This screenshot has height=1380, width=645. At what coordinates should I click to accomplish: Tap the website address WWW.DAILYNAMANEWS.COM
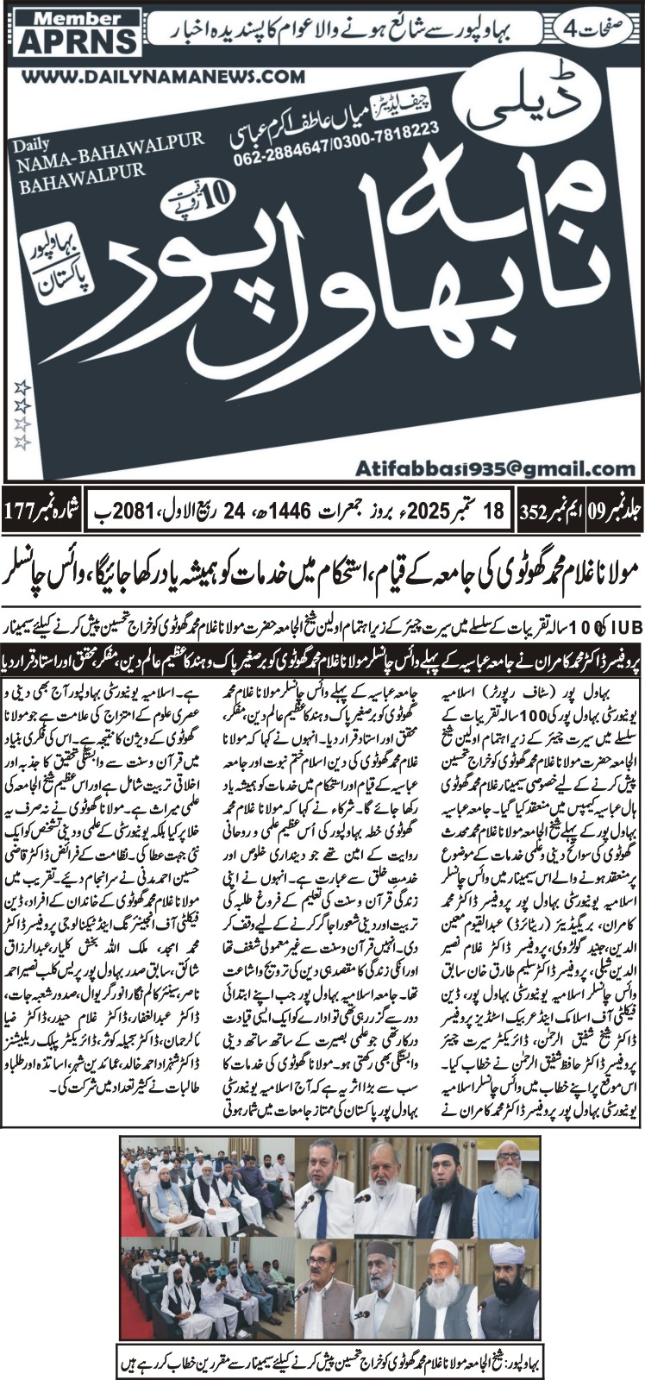[x=163, y=78]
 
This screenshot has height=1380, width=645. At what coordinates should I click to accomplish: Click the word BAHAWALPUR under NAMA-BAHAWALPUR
[x=70, y=162]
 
